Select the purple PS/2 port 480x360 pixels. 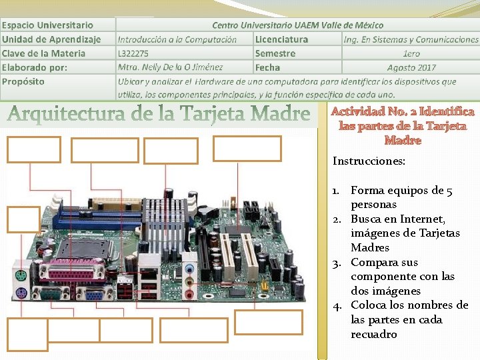[20, 294]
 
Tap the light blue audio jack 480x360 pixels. [189, 271]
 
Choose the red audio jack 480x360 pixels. [189, 293]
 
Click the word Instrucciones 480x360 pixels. [369, 161]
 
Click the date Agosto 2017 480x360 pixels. [411, 67]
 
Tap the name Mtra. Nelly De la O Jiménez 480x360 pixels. [171, 67]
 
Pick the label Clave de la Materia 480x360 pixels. [44, 53]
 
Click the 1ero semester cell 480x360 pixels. [411, 53]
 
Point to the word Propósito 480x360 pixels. [24, 81]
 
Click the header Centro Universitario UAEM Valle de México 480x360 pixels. [297, 25]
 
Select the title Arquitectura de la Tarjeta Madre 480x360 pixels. [159, 115]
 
